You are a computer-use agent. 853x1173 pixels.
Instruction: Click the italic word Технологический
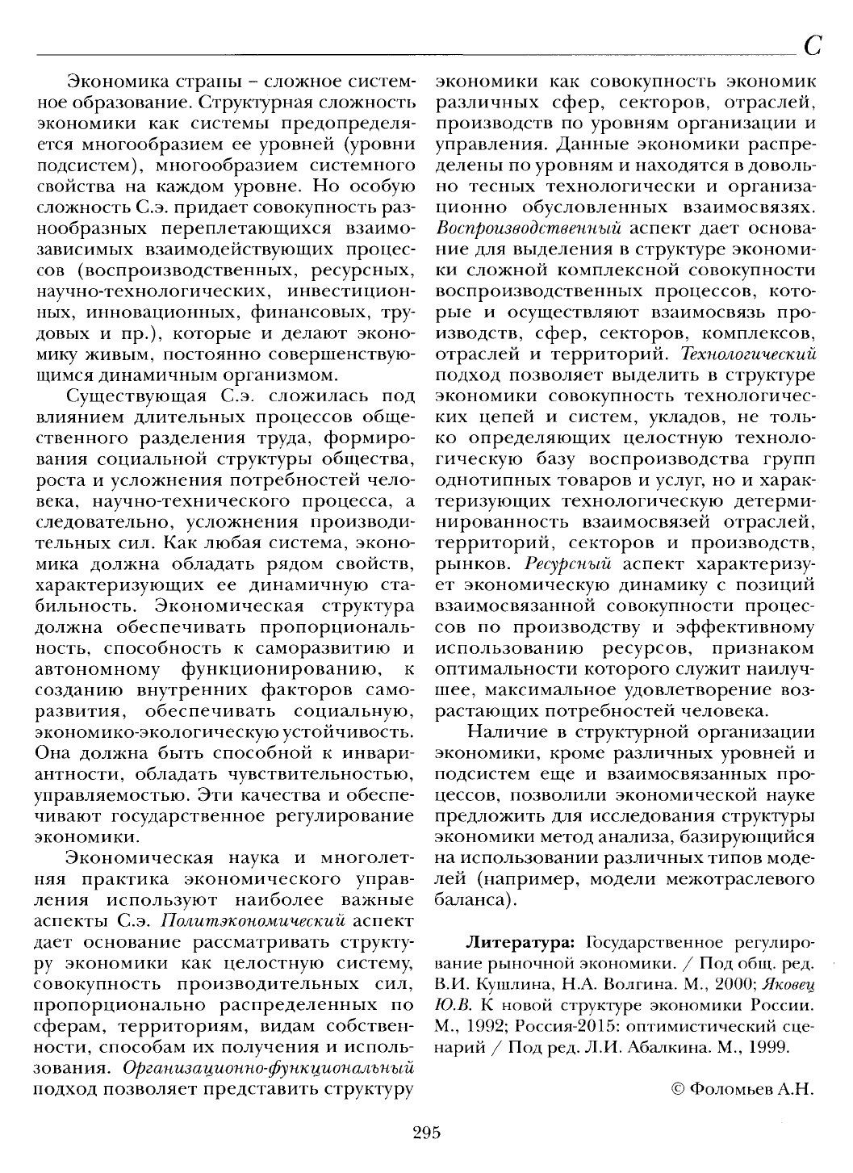[748, 353]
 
